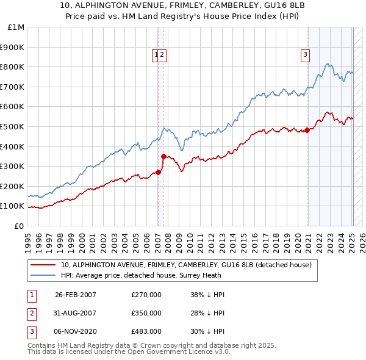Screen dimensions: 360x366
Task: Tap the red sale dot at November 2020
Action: click(x=307, y=129)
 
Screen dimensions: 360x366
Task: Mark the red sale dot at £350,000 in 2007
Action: click(x=163, y=156)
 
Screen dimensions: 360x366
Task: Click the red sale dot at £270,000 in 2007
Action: click(x=158, y=172)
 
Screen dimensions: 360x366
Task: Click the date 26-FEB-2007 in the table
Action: click(x=76, y=295)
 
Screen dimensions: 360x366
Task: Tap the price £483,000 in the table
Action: click(x=146, y=331)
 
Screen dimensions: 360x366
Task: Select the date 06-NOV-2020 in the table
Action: click(x=76, y=331)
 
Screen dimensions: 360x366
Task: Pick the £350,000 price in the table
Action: click(x=146, y=313)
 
